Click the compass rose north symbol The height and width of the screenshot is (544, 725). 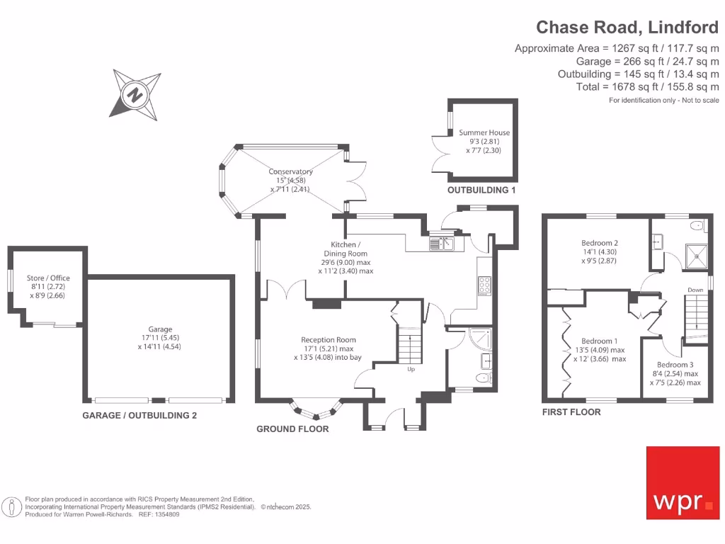132,93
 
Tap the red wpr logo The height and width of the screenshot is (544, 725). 683,482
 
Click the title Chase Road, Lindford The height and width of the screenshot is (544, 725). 627,27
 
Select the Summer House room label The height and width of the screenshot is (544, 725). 484,132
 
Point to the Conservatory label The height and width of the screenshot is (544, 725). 290,171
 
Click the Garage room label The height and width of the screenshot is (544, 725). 161,329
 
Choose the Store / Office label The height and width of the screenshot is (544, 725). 48,278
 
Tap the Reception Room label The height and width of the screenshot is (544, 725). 328,340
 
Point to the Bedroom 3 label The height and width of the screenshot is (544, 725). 675,365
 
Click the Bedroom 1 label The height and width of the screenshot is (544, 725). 599,341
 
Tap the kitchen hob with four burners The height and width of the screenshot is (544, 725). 486,284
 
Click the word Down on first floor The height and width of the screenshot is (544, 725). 695,290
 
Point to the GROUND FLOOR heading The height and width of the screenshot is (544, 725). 292,429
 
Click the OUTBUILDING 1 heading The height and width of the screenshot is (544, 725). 481,190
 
